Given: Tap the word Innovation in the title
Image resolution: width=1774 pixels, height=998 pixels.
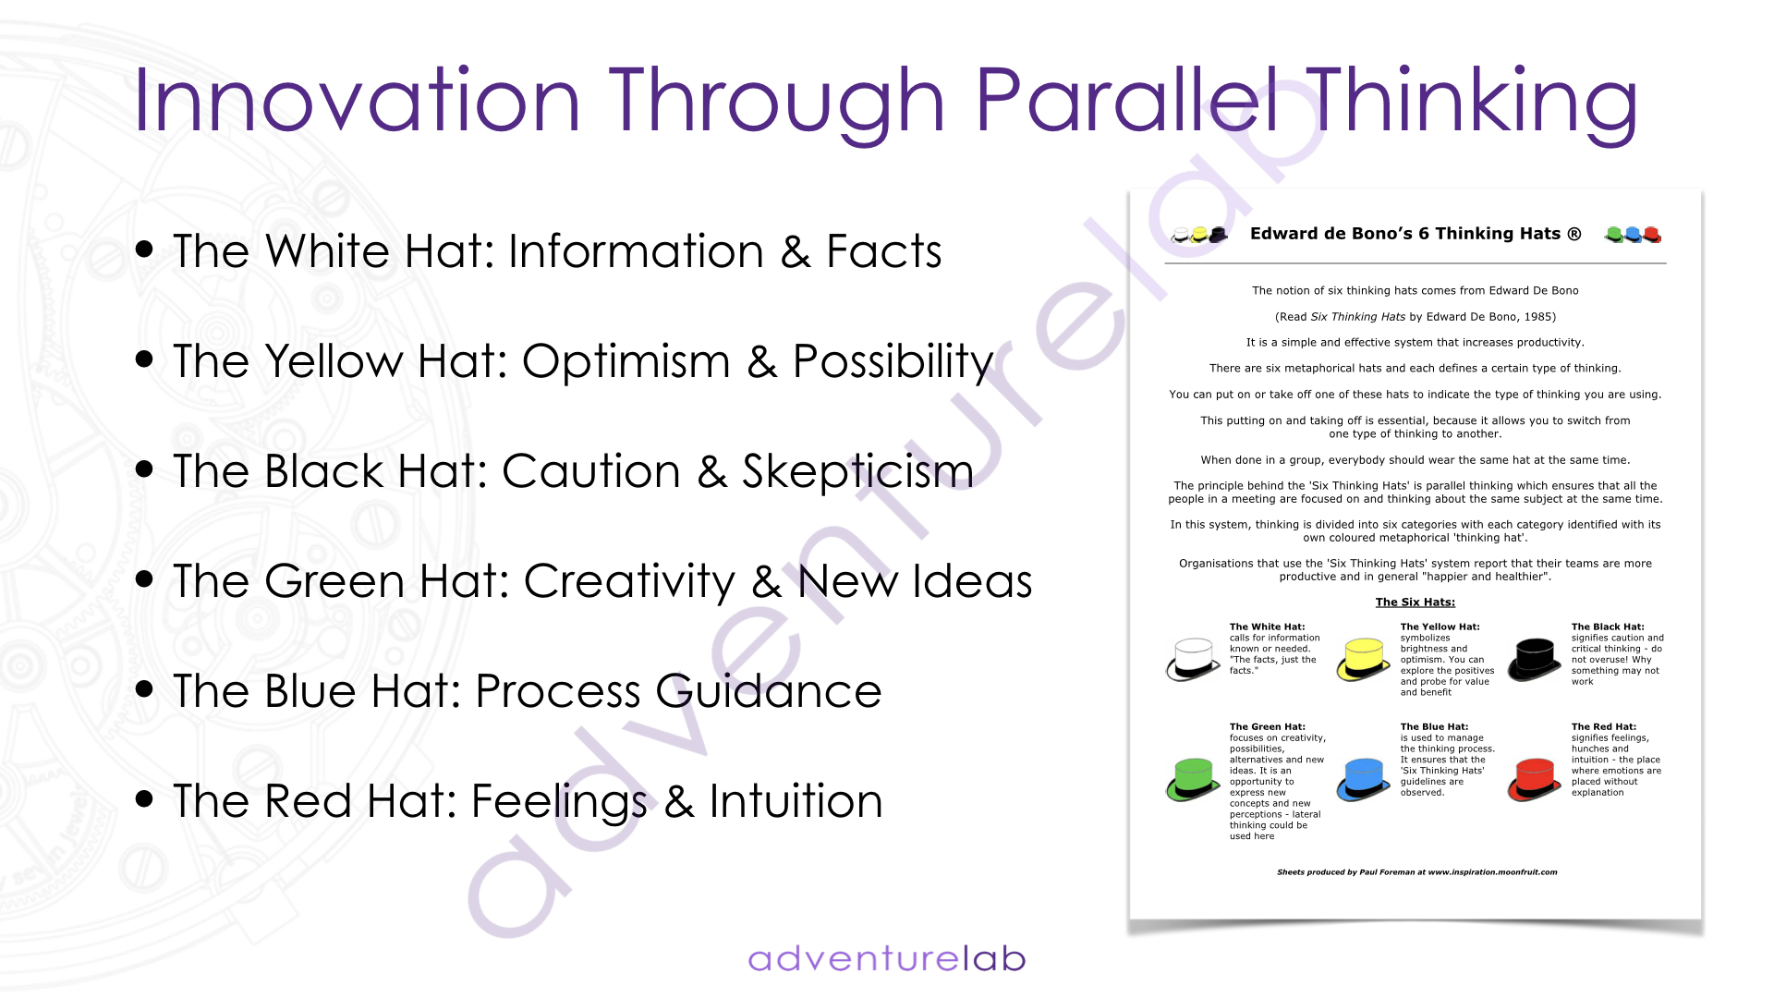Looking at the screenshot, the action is pyautogui.click(x=357, y=99).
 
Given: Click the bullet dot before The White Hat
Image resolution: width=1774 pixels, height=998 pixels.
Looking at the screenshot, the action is pyautogui.click(x=144, y=249).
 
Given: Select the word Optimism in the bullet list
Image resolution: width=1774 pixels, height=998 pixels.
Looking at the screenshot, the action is pyautogui.click(x=626, y=360).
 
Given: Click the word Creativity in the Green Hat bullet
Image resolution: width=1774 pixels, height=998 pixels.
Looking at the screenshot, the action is pyautogui.click(x=630, y=582).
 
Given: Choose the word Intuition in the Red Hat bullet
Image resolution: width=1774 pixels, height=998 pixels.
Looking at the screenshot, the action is pyautogui.click(x=796, y=800).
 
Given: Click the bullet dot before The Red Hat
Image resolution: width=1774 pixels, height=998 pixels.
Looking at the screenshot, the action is pyautogui.click(x=144, y=799).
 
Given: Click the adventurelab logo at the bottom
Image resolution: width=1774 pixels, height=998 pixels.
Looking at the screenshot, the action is pyautogui.click(x=887, y=958).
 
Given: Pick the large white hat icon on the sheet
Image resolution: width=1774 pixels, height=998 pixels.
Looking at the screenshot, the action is pyautogui.click(x=1193, y=659).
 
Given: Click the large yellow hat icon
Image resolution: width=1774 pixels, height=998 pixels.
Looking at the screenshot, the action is pyautogui.click(x=1364, y=659).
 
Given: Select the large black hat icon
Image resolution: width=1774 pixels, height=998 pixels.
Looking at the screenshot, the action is pyautogui.click(x=1535, y=659).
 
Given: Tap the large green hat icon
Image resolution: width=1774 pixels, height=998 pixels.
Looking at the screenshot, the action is pyautogui.click(x=1193, y=779).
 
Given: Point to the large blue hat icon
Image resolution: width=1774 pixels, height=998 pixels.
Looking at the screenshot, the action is pyautogui.click(x=1364, y=779).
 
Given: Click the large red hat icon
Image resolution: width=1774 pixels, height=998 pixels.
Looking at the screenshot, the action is pyautogui.click(x=1535, y=779).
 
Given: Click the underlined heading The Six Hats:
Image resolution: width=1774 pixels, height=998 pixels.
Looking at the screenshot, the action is pyautogui.click(x=1416, y=602).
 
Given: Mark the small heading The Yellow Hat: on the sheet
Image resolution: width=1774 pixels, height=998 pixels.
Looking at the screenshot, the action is pyautogui.click(x=1440, y=627).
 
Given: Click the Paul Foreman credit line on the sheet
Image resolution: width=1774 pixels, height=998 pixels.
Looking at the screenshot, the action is pyautogui.click(x=1417, y=872).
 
